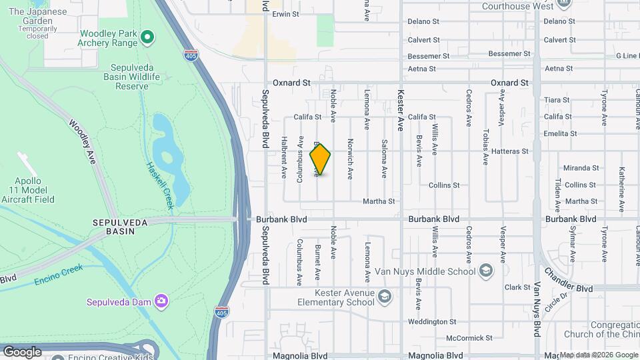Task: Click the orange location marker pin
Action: pyautogui.click(x=320, y=159)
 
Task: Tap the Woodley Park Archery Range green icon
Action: pyautogui.click(x=148, y=35)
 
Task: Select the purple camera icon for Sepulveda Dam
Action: pyautogui.click(x=161, y=301)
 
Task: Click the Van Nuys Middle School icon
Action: pyautogui.click(x=486, y=270)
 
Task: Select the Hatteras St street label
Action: pyautogui.click(x=509, y=151)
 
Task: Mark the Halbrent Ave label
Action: pyautogui.click(x=283, y=158)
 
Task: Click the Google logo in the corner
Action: pyautogui.click(x=22, y=351)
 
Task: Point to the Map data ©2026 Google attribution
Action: pyautogui.click(x=599, y=355)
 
